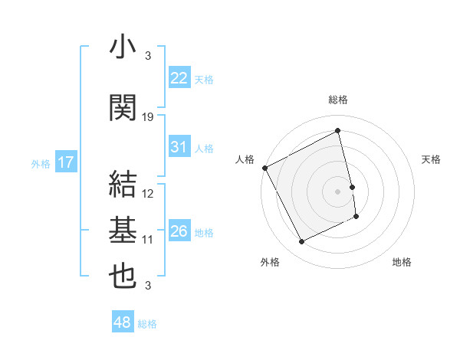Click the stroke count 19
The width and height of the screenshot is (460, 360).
pyautogui.click(x=148, y=117)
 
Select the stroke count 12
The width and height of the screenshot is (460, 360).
pyautogui.click(x=148, y=194)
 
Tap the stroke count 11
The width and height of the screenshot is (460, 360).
pyautogui.click(x=148, y=240)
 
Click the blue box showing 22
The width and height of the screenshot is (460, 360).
pyautogui.click(x=179, y=77)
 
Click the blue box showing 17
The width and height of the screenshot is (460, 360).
pyautogui.click(x=65, y=162)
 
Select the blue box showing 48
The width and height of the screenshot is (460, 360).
pyautogui.click(x=123, y=322)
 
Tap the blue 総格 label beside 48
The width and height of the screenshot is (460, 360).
pyautogui.click(x=147, y=324)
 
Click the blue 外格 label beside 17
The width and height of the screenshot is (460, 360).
pyautogui.click(x=41, y=163)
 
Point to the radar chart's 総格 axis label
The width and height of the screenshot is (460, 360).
pyautogui.click(x=338, y=100)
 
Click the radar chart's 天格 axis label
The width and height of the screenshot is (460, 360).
pyautogui.click(x=431, y=159)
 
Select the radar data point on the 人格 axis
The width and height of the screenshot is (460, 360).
pyautogui.click(x=264, y=168)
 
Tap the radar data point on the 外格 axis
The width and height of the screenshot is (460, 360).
pyautogui.click(x=301, y=242)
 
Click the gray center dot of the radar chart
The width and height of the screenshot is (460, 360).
pyautogui.click(x=337, y=191)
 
